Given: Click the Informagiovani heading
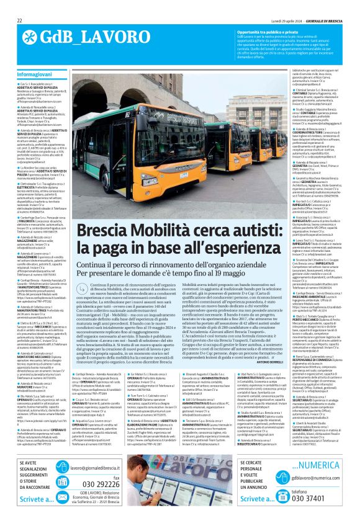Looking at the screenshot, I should coord(35,74).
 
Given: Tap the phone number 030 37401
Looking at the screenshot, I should coord(316,498).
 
